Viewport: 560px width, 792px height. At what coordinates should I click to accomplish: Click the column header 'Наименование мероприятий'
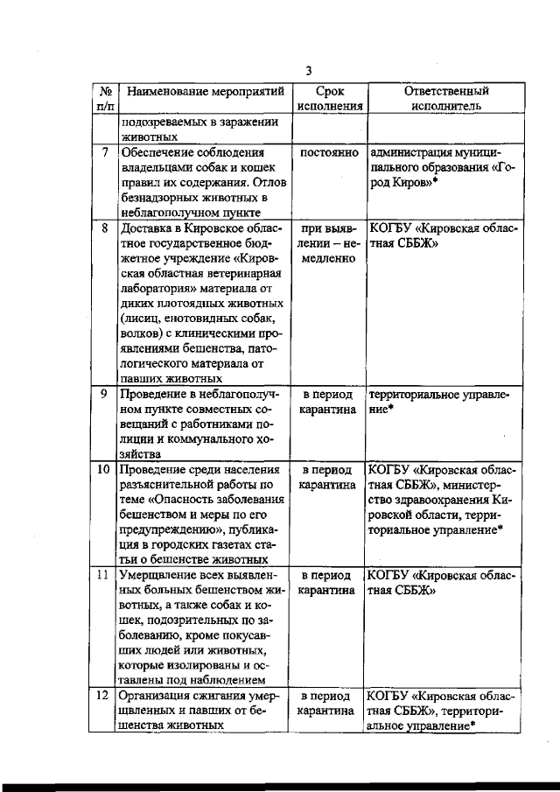(199, 90)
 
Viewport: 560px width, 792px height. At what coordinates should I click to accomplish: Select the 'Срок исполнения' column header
(327, 98)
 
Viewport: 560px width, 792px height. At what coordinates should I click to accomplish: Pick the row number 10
(103, 469)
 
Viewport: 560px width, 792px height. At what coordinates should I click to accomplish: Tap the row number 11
(103, 575)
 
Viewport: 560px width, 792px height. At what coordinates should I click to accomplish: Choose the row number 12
(103, 696)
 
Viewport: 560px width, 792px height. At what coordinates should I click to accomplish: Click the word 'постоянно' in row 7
(327, 151)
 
